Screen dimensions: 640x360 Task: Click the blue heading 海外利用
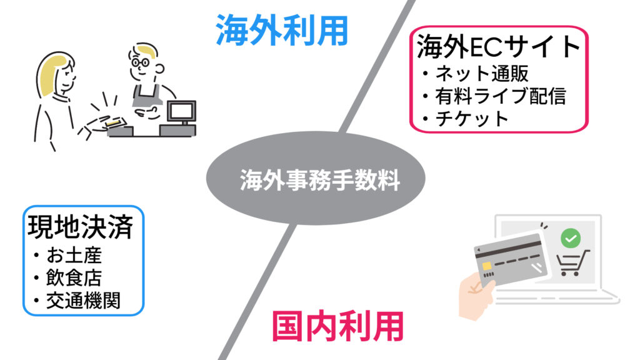pos(282,30)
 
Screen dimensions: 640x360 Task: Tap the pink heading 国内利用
pos(338,326)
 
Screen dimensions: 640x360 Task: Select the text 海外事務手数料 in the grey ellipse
pos(319,179)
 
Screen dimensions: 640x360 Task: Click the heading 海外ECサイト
pos(498,46)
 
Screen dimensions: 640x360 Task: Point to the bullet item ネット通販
pos(482,74)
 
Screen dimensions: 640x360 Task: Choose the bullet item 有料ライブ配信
pos(501,96)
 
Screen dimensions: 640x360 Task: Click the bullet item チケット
pos(472,119)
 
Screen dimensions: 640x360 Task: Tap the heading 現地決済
pos(81,227)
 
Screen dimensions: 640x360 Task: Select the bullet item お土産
pos(74,256)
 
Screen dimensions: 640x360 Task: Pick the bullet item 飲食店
pos(74,278)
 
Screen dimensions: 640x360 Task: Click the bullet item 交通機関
pos(83,301)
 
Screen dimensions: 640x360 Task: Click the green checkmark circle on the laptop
pos(571,237)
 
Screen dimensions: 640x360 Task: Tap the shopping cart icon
pos(572,263)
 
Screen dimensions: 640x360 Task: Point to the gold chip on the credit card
pos(486,266)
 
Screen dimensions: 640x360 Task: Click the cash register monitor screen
pos(182,111)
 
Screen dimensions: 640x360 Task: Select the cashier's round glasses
pos(140,62)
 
